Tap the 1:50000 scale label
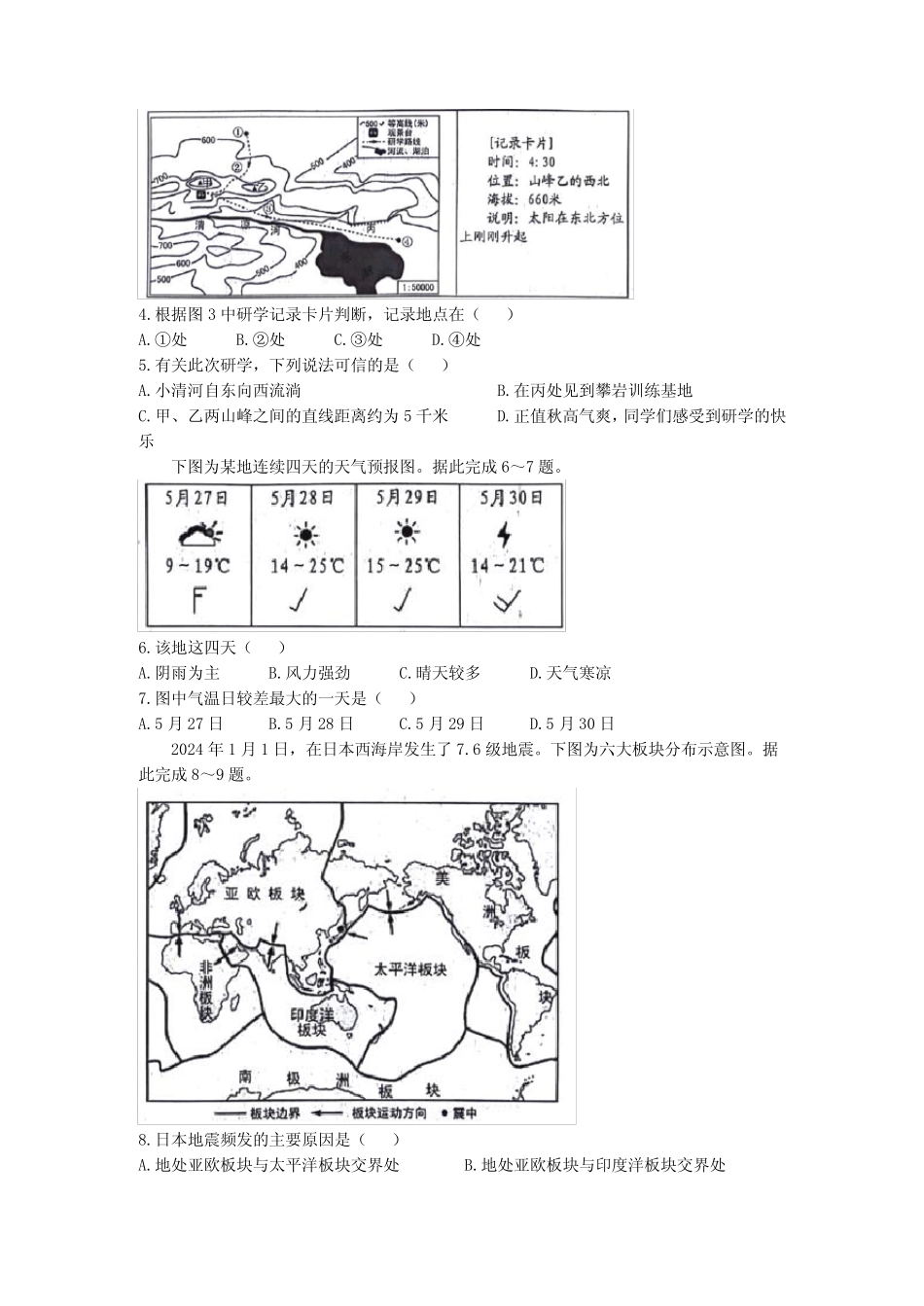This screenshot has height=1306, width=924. point(415,288)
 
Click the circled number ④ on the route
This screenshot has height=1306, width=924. point(407,242)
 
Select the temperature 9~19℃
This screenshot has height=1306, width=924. point(197,565)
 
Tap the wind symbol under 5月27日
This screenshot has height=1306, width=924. point(197,601)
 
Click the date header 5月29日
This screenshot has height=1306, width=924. point(407,498)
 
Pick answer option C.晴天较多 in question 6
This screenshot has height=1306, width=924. point(440,673)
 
